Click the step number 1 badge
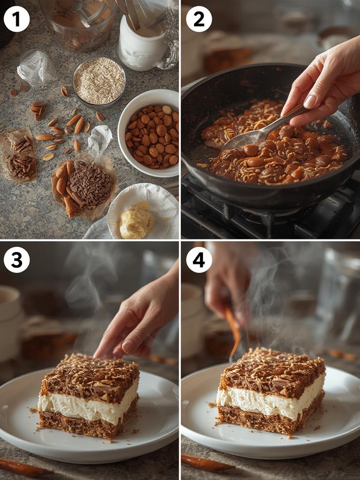(x=16, y=19)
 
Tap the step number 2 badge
(x=199, y=19)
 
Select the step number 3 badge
(x=16, y=260)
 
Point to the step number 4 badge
(x=199, y=260)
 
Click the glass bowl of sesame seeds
(x=99, y=80)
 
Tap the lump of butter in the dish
(x=136, y=220)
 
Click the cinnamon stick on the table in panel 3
(x=23, y=466)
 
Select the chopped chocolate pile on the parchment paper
(x=91, y=183)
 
